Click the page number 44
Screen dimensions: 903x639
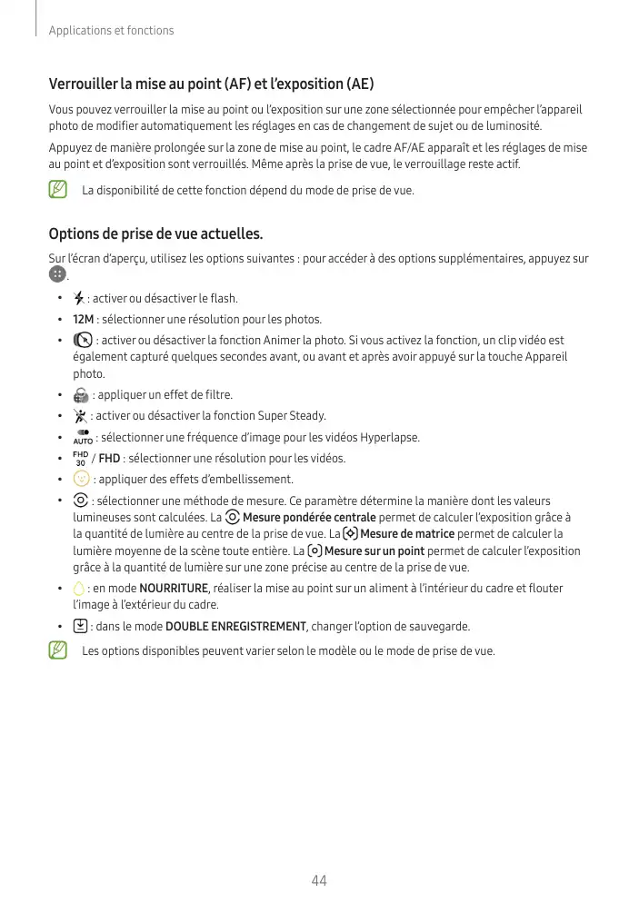(319, 879)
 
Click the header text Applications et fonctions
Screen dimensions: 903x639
(111, 31)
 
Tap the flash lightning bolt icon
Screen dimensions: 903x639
(79, 298)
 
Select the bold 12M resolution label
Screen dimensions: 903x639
(83, 320)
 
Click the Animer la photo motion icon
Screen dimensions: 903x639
(82, 341)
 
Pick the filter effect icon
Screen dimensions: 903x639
(81, 395)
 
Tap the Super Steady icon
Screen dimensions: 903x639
(80, 416)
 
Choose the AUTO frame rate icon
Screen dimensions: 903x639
(82, 437)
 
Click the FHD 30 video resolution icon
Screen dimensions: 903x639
(80, 458)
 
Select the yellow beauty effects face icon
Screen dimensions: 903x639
(81, 479)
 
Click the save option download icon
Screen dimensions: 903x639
(80, 626)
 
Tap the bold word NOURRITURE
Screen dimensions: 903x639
(174, 589)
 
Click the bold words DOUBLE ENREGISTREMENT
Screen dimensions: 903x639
(235, 627)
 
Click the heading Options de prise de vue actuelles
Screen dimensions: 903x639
(155, 234)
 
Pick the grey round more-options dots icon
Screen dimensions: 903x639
(57, 274)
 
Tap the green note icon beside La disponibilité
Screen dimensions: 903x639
(59, 191)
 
